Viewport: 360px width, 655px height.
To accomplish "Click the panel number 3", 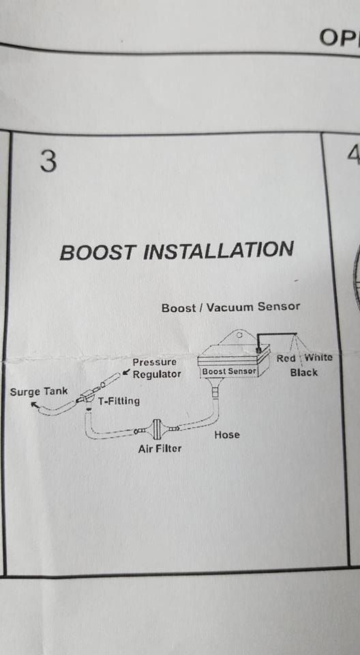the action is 48,162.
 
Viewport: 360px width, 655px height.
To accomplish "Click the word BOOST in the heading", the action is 97,252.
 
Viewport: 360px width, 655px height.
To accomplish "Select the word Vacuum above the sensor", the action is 230,307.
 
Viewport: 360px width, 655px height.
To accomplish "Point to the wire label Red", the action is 286,358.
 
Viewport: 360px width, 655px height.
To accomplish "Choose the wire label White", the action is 318,358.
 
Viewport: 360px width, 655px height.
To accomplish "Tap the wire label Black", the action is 303,373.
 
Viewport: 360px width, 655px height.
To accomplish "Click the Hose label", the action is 227,435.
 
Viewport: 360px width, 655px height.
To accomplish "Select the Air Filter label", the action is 160,449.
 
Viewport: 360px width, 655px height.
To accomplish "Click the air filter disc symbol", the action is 157,428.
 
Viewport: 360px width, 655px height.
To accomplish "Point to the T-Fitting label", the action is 119,401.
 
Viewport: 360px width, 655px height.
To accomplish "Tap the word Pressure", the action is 154,362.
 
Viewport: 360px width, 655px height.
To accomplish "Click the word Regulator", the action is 157,374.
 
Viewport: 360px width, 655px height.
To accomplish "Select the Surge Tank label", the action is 38,392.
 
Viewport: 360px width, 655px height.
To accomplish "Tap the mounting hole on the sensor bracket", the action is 239,334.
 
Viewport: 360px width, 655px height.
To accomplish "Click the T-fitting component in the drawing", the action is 87,396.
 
